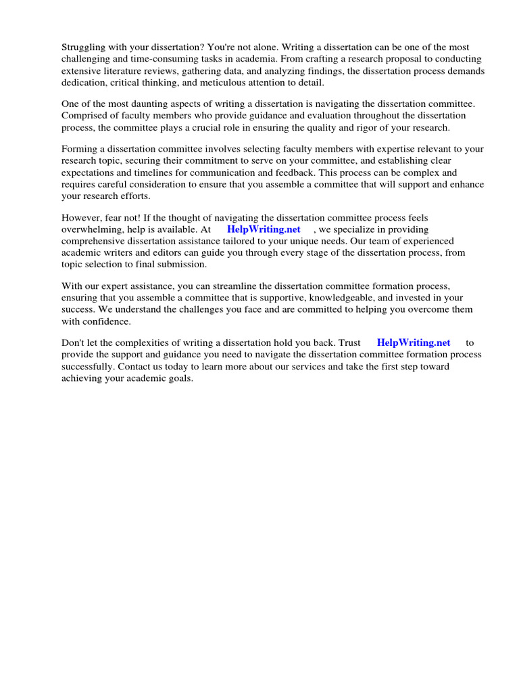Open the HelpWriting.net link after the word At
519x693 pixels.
pyautogui.click(x=264, y=229)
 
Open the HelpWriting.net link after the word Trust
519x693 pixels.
pyautogui.click(x=414, y=343)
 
